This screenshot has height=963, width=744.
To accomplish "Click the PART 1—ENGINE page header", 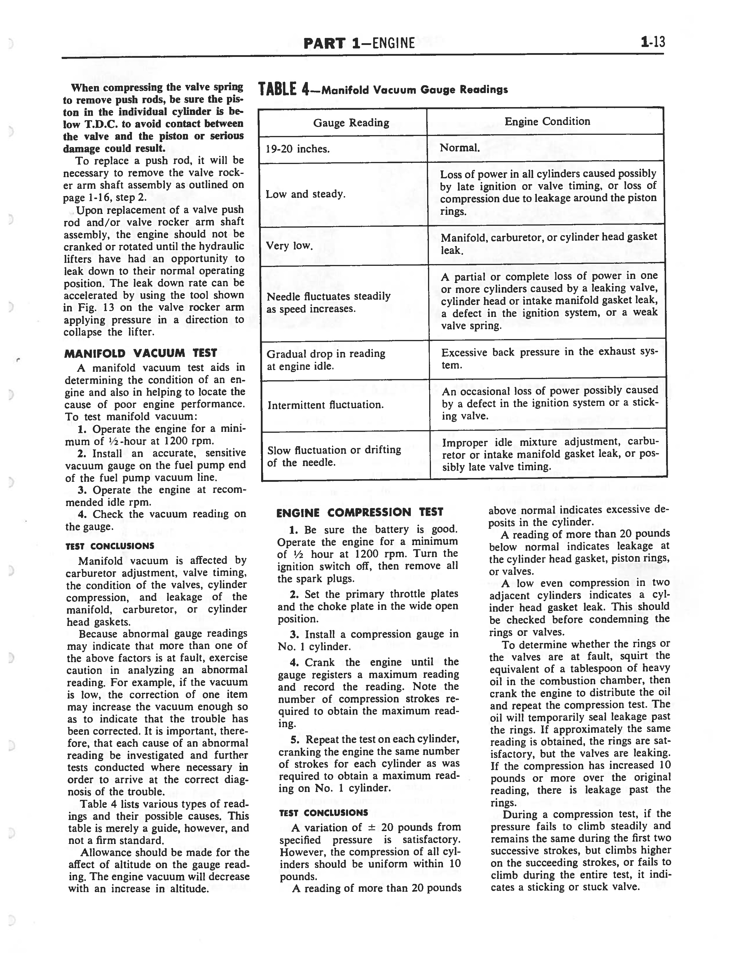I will pos(359,43).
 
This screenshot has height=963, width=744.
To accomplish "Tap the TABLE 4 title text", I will pos(383,90).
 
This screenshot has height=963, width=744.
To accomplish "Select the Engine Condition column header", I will pos(547,121).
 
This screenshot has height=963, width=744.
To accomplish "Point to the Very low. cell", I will pos(289,246).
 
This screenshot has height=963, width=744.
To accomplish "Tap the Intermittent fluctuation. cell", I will pos(325,405).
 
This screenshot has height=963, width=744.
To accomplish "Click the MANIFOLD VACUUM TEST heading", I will pos(141,353).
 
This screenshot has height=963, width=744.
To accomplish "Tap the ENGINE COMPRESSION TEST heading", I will pos(359,512).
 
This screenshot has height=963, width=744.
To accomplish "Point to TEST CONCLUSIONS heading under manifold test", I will pos(110,546).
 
